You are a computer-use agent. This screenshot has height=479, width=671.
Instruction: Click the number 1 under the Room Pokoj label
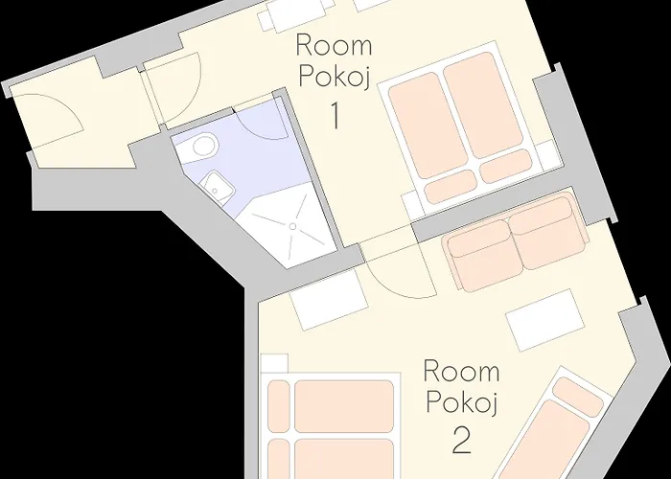335,115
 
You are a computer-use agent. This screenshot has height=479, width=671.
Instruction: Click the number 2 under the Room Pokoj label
462,441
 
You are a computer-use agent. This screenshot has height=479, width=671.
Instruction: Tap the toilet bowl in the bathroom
203,146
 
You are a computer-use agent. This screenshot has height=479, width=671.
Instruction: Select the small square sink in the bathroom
219,186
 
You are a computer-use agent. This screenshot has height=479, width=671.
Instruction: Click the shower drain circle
293,226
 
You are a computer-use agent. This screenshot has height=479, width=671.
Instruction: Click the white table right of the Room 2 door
544,320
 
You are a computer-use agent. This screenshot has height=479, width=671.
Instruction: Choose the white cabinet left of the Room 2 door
329,300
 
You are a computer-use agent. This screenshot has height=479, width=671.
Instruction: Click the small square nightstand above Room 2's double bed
274,363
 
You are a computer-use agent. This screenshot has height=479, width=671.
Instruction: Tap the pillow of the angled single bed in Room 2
578,397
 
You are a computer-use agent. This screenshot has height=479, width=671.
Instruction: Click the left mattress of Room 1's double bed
428,125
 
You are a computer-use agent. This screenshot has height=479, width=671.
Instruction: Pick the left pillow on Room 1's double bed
451,187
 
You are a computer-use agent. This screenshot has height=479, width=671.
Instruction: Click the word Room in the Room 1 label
334,45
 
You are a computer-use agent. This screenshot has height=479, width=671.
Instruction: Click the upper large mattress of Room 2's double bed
344,406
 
